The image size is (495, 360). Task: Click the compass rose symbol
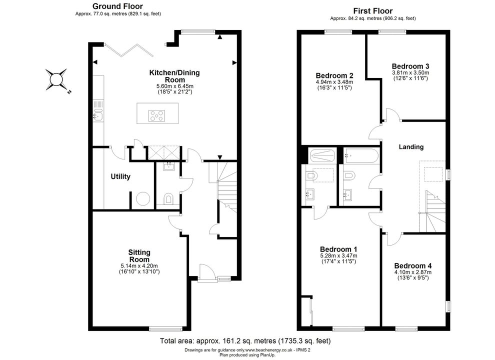(56, 79)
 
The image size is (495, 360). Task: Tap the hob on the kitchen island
(157, 115)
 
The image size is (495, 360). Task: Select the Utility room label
(120, 176)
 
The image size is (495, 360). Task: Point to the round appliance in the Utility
(142, 198)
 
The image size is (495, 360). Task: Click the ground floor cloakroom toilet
(168, 199)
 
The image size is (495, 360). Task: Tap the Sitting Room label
(139, 256)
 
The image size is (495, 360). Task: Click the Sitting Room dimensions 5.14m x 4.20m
(139, 266)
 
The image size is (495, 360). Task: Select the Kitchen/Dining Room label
(174, 76)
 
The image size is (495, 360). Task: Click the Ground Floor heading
(117, 6)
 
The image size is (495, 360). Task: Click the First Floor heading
(373, 10)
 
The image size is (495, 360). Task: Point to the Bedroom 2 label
(334, 76)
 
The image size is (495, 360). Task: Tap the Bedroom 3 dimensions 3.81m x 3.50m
(410, 72)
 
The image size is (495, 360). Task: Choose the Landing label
(411, 147)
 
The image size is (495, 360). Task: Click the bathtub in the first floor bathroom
(361, 156)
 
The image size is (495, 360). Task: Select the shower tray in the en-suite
(322, 155)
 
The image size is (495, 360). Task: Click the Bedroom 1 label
(338, 249)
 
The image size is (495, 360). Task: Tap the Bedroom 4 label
(413, 266)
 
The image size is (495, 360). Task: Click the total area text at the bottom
(245, 341)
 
